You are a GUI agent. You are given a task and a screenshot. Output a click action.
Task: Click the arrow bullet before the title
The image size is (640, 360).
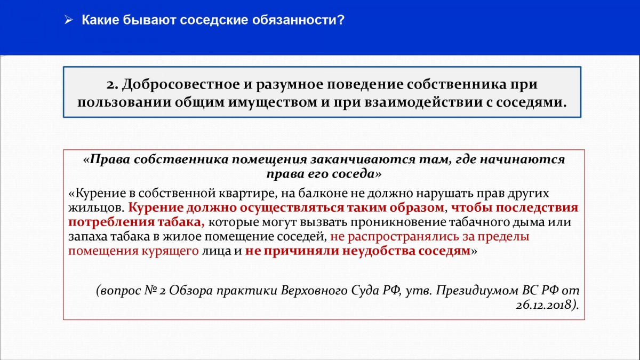(69, 20)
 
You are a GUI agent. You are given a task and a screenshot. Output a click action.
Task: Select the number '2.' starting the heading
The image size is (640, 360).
(113, 85)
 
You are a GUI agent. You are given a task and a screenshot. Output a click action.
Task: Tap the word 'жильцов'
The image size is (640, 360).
(95, 208)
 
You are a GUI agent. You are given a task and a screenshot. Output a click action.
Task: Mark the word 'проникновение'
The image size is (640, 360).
(398, 222)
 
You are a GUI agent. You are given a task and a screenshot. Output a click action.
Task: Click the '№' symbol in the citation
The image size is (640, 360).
(150, 291)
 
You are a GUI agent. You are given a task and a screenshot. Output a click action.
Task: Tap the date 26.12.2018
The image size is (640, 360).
(545, 305)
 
